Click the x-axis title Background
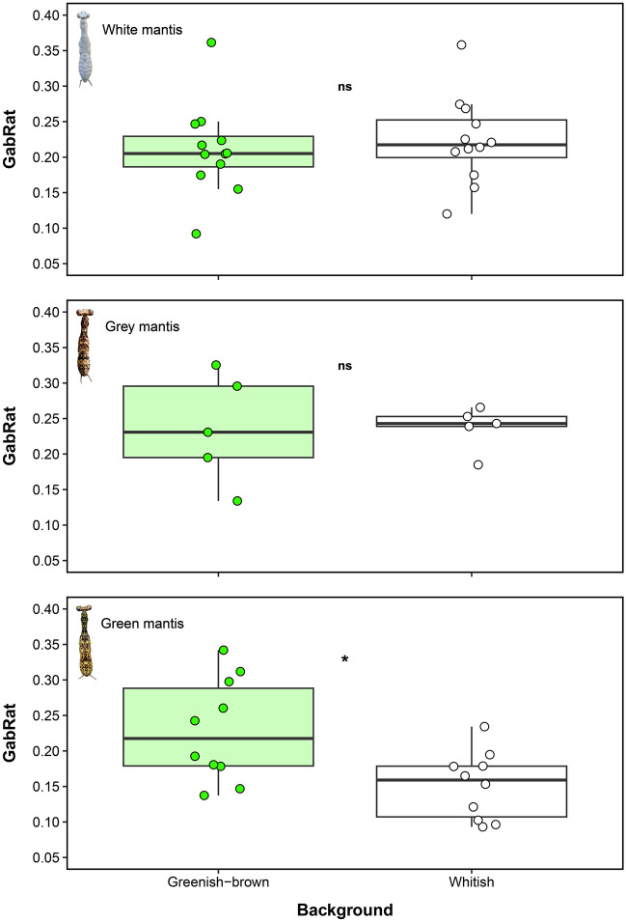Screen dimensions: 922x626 tap(344, 909)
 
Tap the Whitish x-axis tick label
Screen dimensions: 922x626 tap(472, 882)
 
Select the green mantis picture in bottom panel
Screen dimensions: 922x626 tap(86, 642)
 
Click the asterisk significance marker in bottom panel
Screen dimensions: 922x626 tap(344, 660)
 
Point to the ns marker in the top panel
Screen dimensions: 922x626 tap(344, 87)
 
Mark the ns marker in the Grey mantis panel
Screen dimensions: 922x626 tap(344, 365)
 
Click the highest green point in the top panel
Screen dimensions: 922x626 tap(211, 42)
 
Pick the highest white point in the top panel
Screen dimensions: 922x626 tap(462, 44)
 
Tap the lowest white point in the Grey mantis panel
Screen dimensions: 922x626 tap(478, 464)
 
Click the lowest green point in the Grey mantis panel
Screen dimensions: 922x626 tap(237, 501)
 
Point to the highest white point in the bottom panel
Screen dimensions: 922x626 tap(484, 726)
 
